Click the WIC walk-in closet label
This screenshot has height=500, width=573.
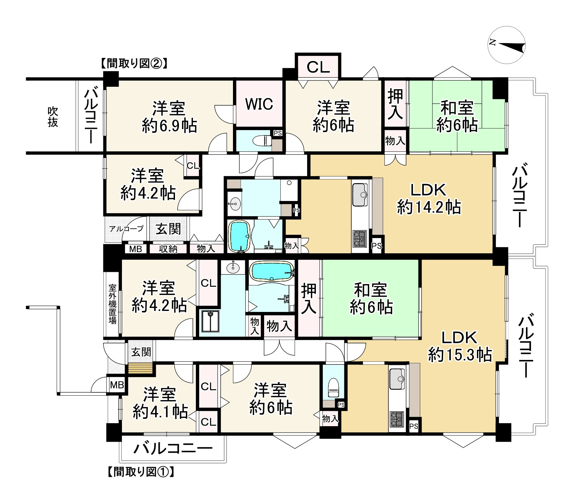tap(259, 104)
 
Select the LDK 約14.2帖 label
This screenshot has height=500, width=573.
tap(429, 199)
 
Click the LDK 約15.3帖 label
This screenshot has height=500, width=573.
tap(459, 346)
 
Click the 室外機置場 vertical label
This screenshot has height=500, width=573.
tap(113, 304)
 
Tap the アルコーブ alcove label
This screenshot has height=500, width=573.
tap(126, 228)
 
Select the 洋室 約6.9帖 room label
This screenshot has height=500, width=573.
tap(169, 117)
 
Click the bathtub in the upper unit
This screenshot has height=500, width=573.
tap(239, 236)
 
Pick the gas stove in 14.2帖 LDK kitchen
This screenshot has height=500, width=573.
tap(360, 238)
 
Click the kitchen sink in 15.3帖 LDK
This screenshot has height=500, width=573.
tap(397, 378)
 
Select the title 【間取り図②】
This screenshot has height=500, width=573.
tap(134, 63)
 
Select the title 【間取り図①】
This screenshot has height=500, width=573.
tap(141, 472)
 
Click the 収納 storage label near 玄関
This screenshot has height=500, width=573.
tap(168, 249)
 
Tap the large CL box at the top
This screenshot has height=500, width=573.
tap(318, 67)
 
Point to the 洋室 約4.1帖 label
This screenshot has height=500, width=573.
tap(160, 403)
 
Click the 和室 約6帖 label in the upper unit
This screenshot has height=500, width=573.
tap(456, 117)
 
